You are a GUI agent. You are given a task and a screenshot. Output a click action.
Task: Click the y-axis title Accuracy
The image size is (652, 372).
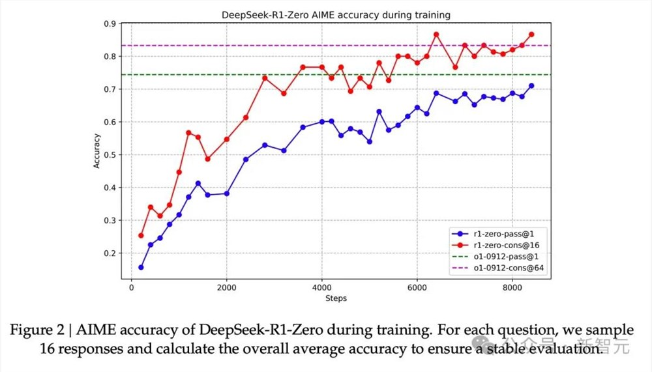click(x=97, y=151)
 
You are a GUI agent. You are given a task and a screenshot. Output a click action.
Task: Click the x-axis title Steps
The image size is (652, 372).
click(x=335, y=298)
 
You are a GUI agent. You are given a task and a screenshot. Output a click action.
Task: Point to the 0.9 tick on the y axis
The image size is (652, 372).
click(x=111, y=24)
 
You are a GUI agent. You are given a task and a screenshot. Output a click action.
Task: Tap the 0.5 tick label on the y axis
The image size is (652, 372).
click(x=111, y=155)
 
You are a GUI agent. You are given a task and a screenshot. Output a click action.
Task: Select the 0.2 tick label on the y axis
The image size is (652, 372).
click(x=111, y=253)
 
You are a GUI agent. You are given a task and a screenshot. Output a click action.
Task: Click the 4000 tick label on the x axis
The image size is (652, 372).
click(x=321, y=287)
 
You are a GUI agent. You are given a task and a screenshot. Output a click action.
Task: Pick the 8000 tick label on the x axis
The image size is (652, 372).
click(x=512, y=287)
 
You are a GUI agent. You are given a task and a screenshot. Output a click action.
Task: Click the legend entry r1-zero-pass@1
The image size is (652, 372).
click(x=503, y=233)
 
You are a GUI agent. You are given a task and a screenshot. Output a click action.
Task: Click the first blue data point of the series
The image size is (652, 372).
click(x=141, y=267)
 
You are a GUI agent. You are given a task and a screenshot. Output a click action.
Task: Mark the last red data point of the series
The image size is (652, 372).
click(x=531, y=35)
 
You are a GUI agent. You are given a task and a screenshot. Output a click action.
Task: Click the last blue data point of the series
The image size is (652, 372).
click(x=531, y=85)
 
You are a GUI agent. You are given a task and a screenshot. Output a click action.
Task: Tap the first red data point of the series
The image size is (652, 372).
click(x=141, y=235)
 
